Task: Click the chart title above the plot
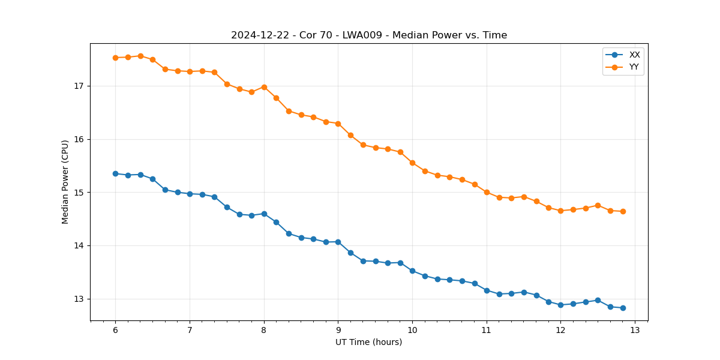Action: coord(369,35)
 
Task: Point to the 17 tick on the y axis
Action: coord(79,86)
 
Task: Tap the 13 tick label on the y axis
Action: coord(79,299)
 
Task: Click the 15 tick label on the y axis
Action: coord(79,193)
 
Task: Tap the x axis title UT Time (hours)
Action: coord(368,343)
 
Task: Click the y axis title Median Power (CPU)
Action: coord(65,182)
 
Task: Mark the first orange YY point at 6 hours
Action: coord(115,58)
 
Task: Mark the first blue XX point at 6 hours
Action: coord(115,173)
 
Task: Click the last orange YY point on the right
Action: coord(623,211)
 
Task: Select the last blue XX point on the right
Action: coord(623,308)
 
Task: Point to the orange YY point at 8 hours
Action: coord(264,87)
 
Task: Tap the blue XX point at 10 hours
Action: coord(412,271)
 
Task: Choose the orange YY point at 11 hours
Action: coord(487,192)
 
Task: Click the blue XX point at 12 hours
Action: coord(560,305)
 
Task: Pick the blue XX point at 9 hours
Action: coord(338,242)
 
